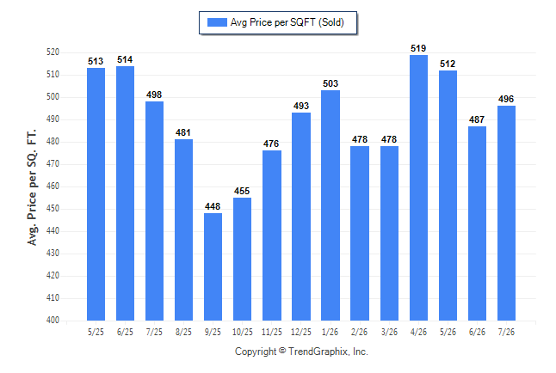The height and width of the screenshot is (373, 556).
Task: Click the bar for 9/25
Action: point(213,266)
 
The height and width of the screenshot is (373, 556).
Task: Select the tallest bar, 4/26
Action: point(418,187)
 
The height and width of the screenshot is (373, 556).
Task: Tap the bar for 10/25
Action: point(242,259)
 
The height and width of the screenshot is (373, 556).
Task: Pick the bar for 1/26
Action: point(331,205)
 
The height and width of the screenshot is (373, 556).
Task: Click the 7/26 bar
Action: point(506,213)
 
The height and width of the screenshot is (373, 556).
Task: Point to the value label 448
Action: point(213,206)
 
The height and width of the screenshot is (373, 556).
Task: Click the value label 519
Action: point(418,48)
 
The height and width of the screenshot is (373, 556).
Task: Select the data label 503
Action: point(331,83)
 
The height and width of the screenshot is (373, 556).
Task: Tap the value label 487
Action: point(477,119)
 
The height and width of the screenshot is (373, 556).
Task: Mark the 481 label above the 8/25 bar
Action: point(183,132)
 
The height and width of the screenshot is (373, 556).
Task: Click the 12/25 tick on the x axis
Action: point(301,332)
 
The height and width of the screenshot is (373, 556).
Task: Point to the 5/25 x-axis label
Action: point(96,332)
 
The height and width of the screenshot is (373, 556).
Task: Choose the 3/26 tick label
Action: point(389,332)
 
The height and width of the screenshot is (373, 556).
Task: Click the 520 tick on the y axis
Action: point(53,52)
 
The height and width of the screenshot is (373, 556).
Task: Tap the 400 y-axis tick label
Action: point(53,320)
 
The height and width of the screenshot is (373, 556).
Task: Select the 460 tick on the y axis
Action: point(53,186)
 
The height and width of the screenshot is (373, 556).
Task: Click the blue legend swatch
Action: point(217,22)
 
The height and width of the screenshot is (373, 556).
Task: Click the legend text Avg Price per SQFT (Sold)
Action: point(287,22)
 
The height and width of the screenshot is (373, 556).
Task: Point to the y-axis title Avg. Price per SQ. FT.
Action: point(32,187)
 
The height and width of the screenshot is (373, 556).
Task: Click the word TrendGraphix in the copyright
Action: point(318,352)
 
